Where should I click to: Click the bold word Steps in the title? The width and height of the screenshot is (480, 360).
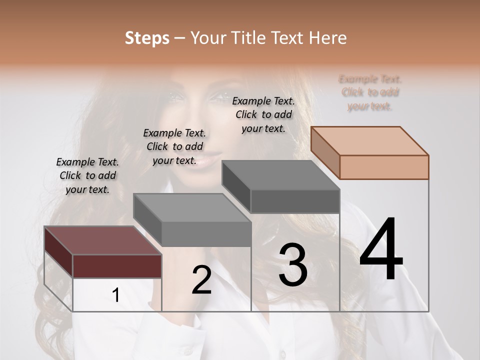(146, 38)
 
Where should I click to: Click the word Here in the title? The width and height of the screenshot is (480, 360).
(328, 38)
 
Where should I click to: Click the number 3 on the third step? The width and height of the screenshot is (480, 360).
(293, 265)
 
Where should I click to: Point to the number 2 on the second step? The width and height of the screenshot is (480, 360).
(201, 280)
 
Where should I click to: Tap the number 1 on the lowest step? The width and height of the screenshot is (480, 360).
(116, 295)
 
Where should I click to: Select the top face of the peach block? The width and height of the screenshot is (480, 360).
(370, 140)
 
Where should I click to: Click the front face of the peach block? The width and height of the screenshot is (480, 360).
(384, 167)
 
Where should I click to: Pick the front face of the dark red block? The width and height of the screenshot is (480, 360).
(117, 266)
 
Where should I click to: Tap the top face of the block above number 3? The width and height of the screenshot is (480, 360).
(280, 175)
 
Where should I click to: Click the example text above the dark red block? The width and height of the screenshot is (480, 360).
(87, 175)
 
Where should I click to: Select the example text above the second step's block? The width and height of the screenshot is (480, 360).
(174, 146)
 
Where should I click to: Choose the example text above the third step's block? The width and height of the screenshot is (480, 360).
(263, 114)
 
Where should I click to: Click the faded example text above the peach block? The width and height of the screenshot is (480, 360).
(370, 92)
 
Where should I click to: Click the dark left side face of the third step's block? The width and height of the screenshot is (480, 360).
(236, 187)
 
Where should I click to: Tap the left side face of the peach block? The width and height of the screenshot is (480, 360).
(325, 153)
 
